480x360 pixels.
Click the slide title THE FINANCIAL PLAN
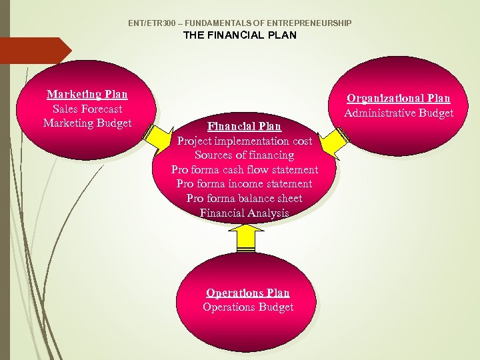240,35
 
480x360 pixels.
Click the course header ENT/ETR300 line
240,23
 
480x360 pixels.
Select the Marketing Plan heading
87,95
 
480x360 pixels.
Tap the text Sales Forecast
87,109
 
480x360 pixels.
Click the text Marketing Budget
87,123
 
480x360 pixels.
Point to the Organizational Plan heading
399,99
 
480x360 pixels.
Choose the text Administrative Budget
399,113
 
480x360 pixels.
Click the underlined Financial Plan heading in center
245,126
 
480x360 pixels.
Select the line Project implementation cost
245,141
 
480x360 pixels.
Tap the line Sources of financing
245,155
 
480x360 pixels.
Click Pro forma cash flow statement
245,169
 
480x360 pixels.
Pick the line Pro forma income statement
245,183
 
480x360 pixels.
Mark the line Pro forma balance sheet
245,198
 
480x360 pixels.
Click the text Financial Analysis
245,213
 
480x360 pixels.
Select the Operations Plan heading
248,293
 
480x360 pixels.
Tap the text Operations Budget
248,307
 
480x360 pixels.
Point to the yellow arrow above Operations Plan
247,237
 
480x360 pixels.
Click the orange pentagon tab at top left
33,51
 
